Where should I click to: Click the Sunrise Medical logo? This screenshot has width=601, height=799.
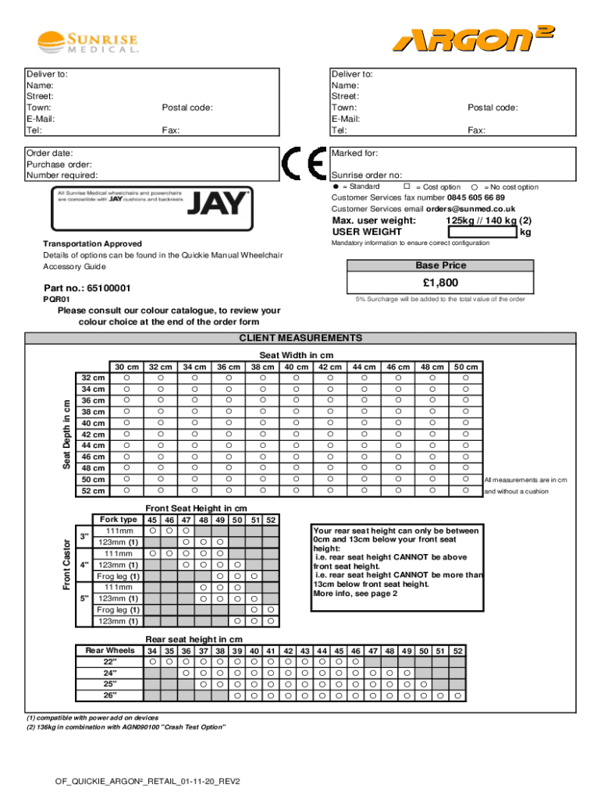(89, 42)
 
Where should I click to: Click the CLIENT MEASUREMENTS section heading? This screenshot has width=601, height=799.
(300, 338)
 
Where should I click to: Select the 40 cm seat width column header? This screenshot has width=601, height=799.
(296, 367)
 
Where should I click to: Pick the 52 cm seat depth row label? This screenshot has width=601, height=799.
(93, 491)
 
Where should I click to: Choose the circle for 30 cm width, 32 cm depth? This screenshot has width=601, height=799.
(126, 378)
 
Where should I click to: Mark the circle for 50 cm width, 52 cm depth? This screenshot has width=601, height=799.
(466, 490)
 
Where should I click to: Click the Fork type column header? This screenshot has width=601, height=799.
(119, 520)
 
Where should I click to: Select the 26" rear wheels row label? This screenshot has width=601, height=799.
(110, 694)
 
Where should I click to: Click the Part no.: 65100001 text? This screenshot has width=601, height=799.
(87, 288)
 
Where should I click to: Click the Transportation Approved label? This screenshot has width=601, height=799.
(92, 244)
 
